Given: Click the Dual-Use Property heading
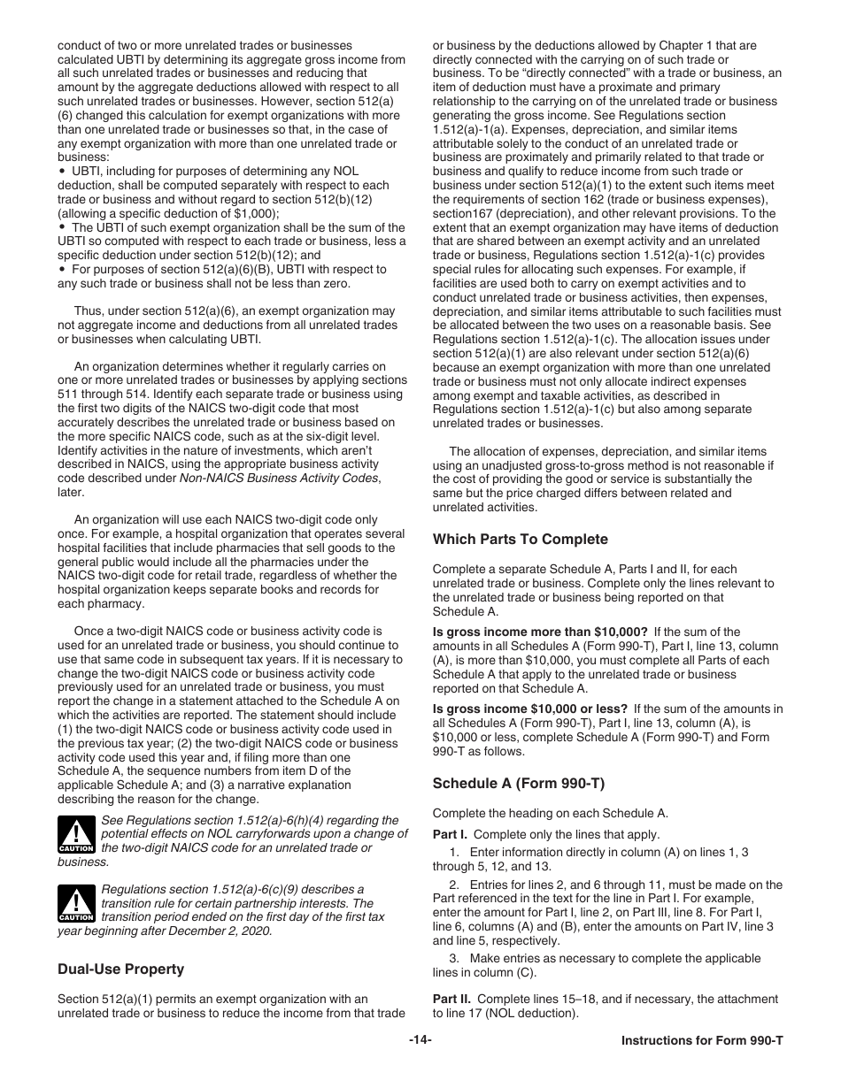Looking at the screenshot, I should coord(120,969).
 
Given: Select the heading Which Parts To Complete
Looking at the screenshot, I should coord(520,540).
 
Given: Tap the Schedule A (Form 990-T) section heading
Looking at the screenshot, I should coord(518,783).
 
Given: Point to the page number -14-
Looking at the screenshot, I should coord(420,1040).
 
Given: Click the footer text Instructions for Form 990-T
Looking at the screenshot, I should coord(702,1041).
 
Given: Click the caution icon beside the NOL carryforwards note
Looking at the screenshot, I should coord(76,835).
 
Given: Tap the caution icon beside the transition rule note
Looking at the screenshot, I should coord(76,904).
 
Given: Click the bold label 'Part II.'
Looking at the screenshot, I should coord(452,1000).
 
